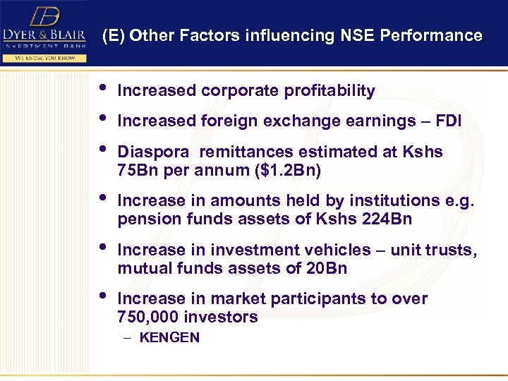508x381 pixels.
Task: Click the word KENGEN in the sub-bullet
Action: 169,337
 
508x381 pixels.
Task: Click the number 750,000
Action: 149,317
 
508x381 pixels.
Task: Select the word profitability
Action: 329,91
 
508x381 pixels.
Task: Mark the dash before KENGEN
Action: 126,337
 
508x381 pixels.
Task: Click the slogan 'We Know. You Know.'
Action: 44,58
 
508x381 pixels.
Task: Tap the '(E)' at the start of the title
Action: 114,35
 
